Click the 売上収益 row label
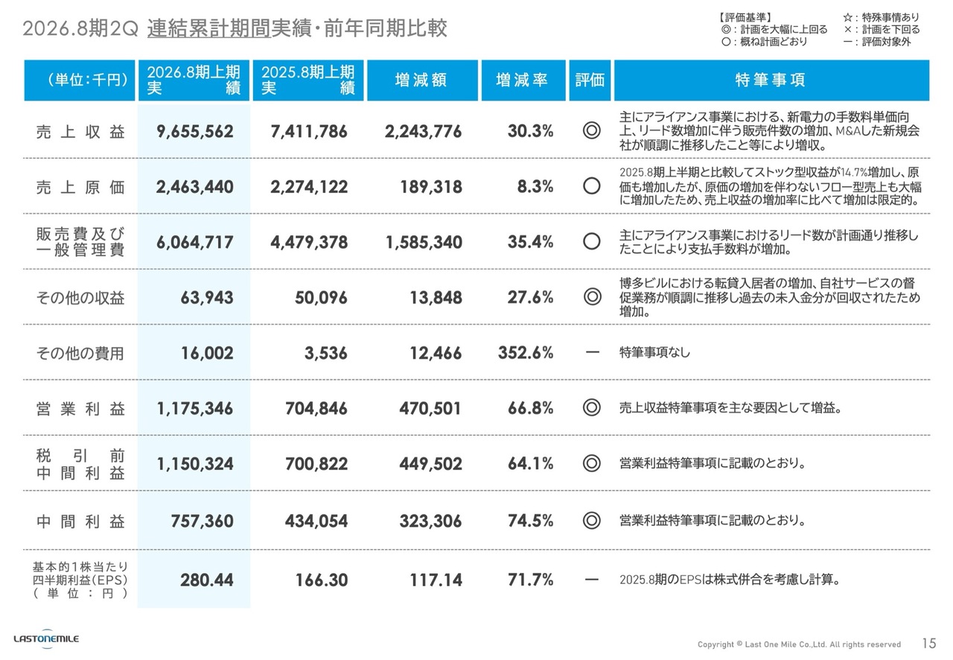point(80,131)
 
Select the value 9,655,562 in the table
point(194,132)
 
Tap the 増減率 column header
point(521,80)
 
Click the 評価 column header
point(590,80)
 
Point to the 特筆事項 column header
point(770,80)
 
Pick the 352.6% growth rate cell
point(526,353)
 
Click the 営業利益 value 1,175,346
point(194,409)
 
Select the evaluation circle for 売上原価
point(592,186)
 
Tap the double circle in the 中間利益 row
point(592,521)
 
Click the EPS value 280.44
point(206,580)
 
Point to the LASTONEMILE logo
point(46,638)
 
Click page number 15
point(928,644)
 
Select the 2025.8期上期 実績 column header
point(308,80)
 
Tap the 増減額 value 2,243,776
point(423,132)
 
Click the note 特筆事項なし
point(654,352)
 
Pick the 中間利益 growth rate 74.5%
point(530,521)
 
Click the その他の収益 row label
point(80,298)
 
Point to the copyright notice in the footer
point(799,644)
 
